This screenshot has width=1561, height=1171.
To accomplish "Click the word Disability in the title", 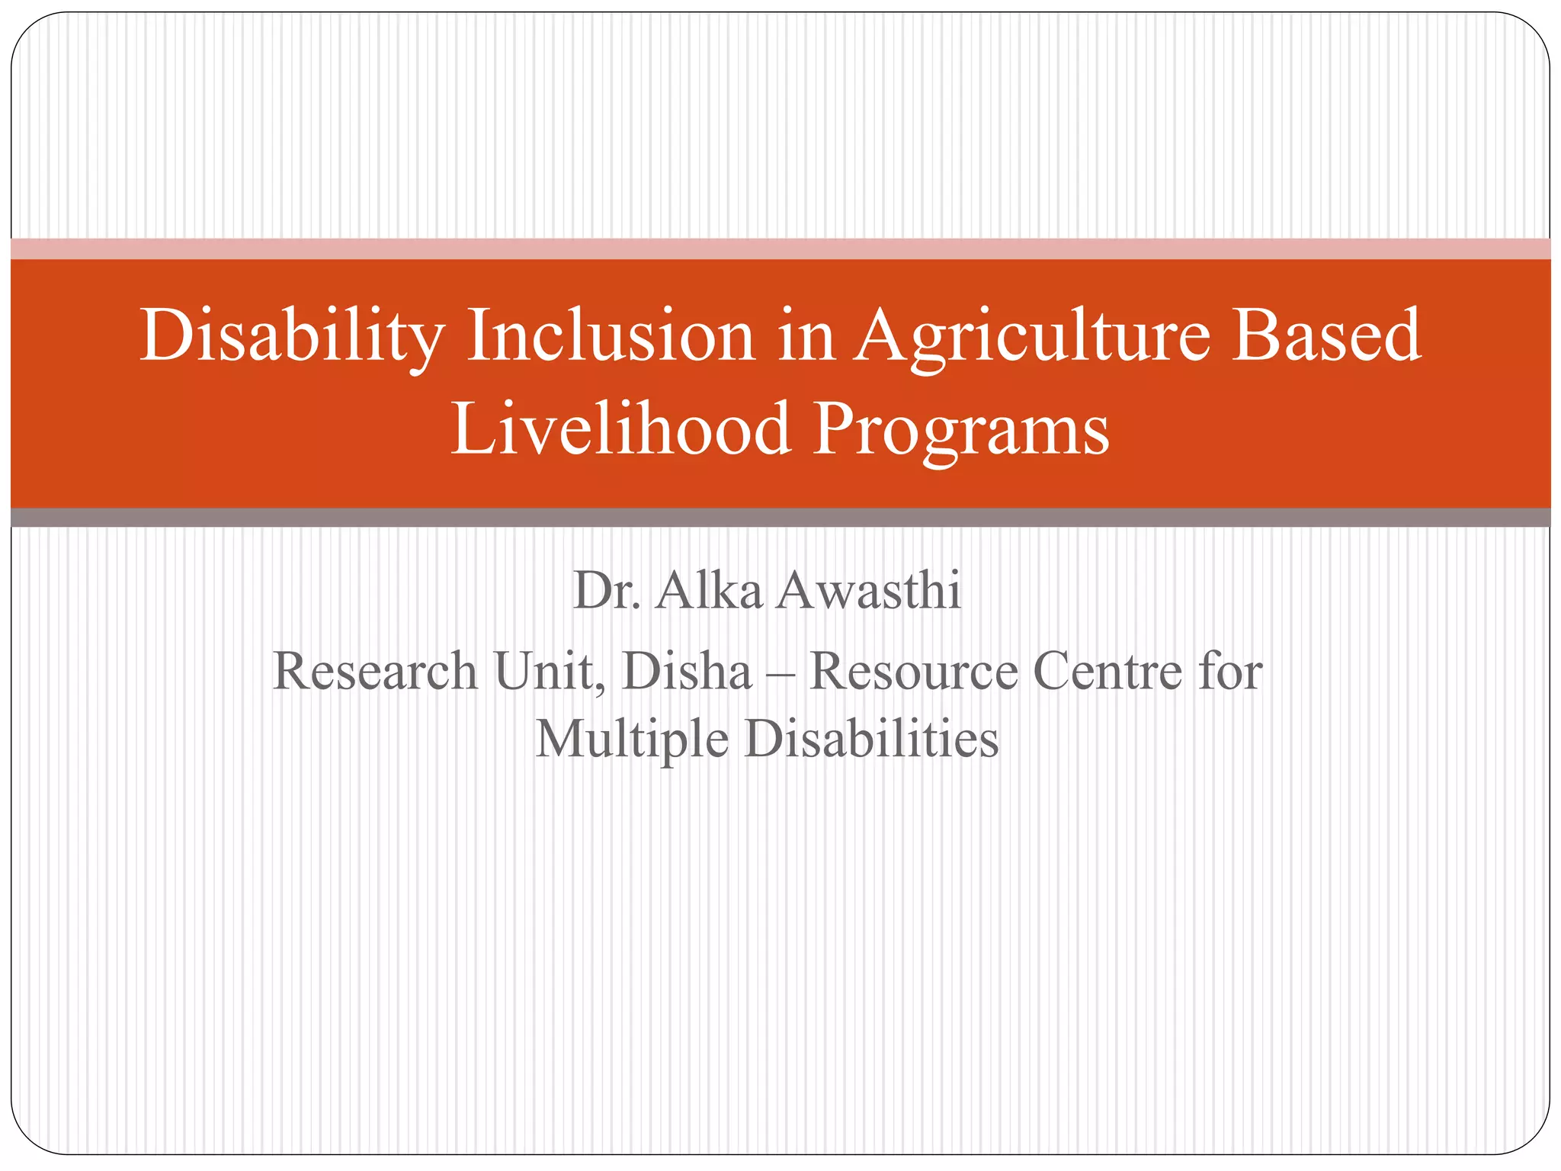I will [292, 336].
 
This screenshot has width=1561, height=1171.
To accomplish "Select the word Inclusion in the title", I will [610, 336].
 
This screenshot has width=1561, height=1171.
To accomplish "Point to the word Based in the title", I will [1326, 336].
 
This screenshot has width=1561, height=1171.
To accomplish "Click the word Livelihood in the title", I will [620, 429].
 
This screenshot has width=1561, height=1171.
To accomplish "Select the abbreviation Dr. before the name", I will [606, 590].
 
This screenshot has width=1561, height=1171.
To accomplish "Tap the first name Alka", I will [708, 590].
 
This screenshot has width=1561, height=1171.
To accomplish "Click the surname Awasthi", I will [869, 590].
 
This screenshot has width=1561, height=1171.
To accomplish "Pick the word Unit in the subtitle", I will [549, 671].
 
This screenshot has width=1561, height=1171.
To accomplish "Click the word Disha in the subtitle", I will [687, 671].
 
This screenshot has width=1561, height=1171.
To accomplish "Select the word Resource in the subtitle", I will [913, 671].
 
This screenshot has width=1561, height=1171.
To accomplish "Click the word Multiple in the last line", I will [632, 739].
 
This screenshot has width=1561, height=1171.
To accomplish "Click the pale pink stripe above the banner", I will [780, 249].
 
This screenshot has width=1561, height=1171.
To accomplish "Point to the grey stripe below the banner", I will [780, 518].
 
